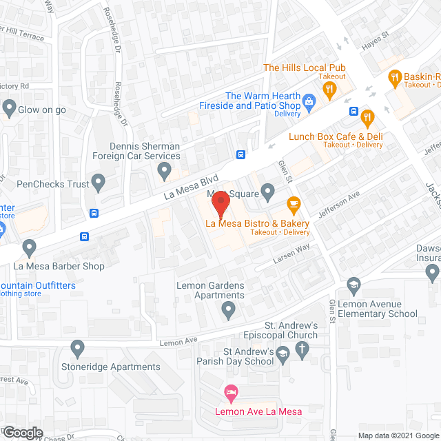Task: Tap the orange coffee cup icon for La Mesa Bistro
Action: pos(294,204)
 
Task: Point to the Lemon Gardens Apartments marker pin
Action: pos(229,311)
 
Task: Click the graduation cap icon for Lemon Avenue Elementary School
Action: pos(353,285)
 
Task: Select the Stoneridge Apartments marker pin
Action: pos(77,349)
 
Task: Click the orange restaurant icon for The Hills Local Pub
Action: pos(330,88)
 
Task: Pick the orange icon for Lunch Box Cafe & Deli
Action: pos(367,117)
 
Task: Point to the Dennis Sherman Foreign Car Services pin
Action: pos(164,170)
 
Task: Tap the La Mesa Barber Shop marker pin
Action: pos(29,247)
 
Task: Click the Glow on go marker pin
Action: pos(9,107)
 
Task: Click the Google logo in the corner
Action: pos(22,432)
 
